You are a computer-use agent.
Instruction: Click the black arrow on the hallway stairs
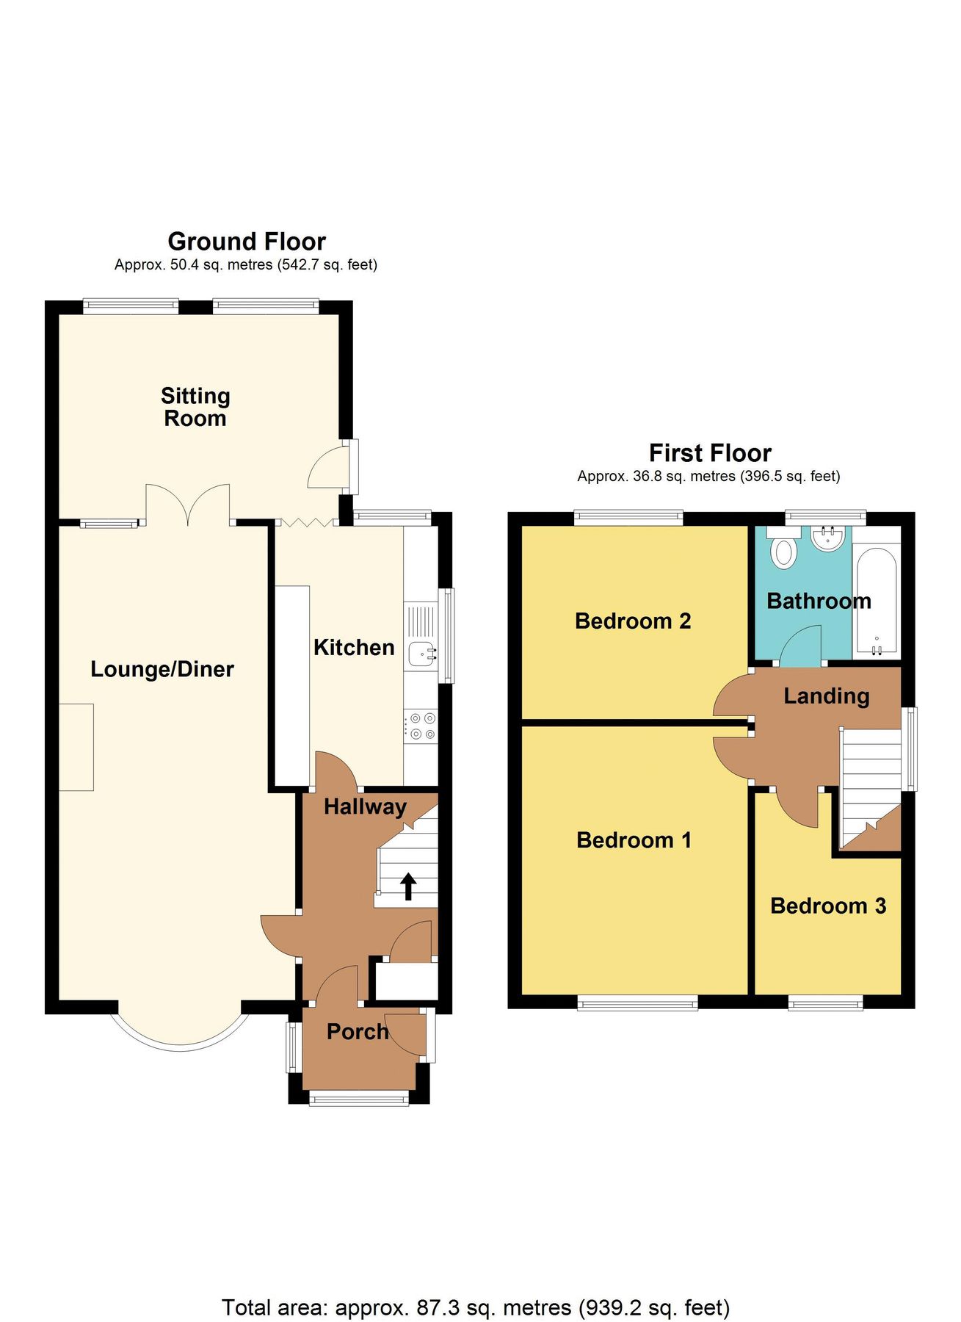tap(408, 886)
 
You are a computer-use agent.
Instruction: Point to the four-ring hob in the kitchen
tap(421, 726)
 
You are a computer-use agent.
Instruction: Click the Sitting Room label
tap(195, 407)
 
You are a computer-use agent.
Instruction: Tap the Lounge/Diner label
tap(162, 669)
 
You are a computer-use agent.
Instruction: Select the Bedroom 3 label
tap(827, 906)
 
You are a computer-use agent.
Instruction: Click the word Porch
tap(357, 1031)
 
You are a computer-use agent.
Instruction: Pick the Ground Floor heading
tap(247, 241)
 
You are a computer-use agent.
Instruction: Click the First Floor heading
tap(710, 452)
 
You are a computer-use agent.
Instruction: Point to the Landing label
tap(826, 696)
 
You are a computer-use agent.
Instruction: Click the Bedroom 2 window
tap(628, 518)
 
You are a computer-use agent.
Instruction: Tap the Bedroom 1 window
tap(637, 1003)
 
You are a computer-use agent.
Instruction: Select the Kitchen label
tap(354, 647)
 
